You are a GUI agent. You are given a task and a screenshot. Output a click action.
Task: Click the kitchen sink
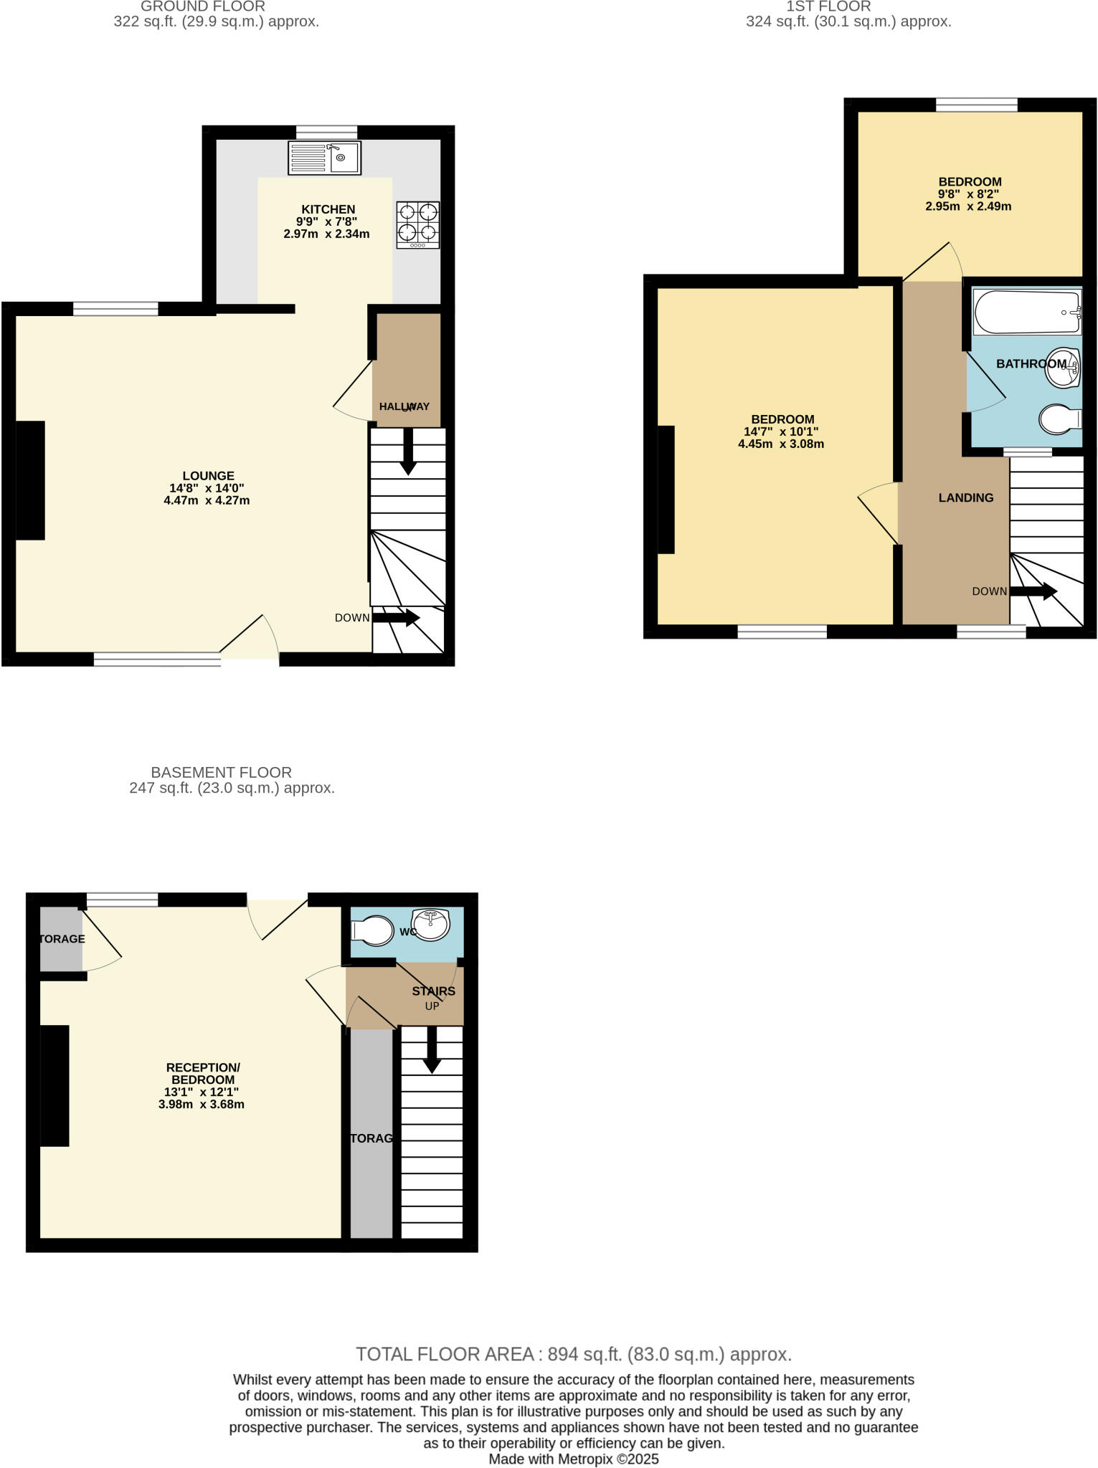324,158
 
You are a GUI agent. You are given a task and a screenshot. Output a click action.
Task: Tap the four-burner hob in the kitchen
417,224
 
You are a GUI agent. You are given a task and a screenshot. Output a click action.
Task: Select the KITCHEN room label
328,209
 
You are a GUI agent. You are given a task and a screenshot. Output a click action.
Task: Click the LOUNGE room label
208,475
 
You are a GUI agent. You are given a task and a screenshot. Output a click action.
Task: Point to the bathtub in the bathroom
1026,313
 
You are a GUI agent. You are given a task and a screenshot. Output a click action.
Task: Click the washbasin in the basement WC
431,924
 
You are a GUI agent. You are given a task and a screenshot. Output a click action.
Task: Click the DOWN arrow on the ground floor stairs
396,617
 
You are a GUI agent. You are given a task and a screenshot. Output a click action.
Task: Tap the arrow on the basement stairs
431,1049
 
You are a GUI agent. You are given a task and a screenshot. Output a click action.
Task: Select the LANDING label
965,497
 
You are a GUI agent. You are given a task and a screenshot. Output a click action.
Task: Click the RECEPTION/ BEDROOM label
203,1073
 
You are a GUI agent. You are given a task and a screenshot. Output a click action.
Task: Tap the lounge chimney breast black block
30,480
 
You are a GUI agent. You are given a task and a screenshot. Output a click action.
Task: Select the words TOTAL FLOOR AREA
445,1354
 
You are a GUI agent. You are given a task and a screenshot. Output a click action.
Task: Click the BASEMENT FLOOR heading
221,772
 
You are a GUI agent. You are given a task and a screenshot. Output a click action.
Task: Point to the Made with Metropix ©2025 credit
573,1459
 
